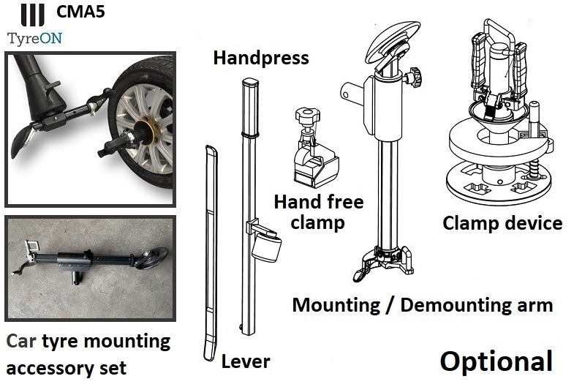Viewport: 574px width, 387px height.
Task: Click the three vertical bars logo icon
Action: tap(31, 14)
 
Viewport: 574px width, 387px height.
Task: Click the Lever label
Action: tap(246, 361)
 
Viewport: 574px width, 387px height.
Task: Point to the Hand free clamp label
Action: tap(318, 211)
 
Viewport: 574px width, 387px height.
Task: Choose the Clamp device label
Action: tap(502, 223)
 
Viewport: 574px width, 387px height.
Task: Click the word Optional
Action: tap(496, 361)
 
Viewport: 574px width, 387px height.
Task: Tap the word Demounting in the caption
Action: tap(456, 304)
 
